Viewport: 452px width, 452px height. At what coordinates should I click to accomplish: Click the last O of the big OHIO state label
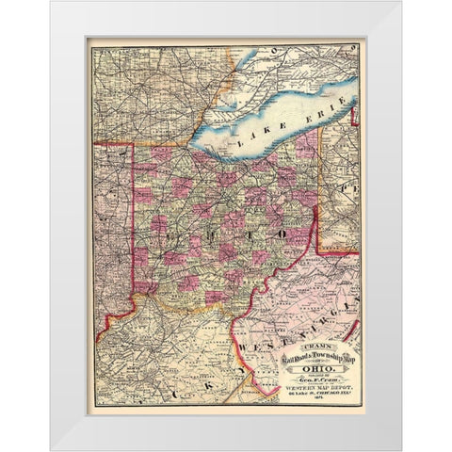pos(282,232)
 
